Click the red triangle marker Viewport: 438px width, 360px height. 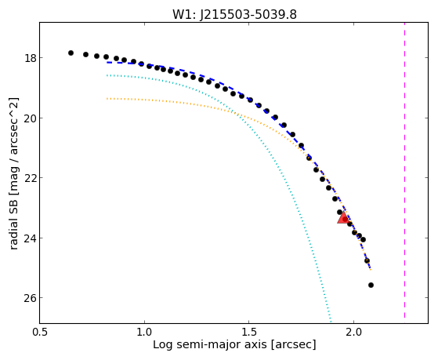[x=342, y=217]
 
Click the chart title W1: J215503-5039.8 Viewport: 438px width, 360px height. [x=234, y=15]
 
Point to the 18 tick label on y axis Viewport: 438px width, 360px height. [x=31, y=59]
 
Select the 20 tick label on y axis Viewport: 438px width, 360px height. [x=31, y=118]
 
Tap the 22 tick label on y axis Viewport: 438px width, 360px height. [x=31, y=178]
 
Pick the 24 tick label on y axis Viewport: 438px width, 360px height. [x=31, y=238]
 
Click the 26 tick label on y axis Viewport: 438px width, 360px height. [x=31, y=298]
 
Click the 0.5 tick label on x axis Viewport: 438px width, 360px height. [x=40, y=332]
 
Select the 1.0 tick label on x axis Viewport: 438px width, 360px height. [x=144, y=332]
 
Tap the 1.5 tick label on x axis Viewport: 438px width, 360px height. [x=249, y=332]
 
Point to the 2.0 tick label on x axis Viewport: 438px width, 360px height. [x=353, y=332]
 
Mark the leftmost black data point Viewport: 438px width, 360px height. [x=71, y=53]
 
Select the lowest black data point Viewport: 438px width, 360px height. [x=371, y=285]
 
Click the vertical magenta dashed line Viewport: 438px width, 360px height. [x=404, y=170]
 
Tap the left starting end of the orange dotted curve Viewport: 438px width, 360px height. [x=107, y=99]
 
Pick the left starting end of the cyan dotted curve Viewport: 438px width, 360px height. [x=107, y=75]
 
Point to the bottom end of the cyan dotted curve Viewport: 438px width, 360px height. [x=331, y=322]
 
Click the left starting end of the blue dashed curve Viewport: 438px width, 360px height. [x=107, y=63]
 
